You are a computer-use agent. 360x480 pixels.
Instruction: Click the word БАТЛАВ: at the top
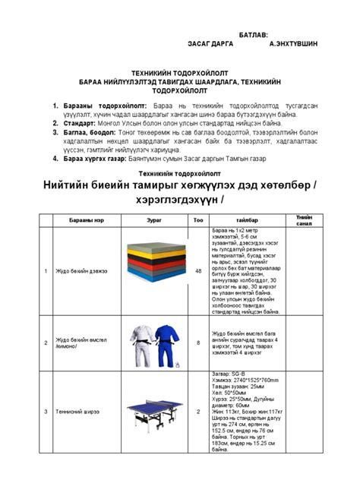point(254,35)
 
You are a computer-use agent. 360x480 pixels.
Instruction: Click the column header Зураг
point(153,218)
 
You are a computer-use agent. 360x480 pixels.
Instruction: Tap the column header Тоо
point(199,218)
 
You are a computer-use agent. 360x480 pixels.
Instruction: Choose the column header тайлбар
point(248,218)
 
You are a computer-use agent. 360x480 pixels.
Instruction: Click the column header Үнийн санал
point(303,218)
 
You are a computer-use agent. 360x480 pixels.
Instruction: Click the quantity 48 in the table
point(199,270)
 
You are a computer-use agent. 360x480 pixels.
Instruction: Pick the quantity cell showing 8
point(199,343)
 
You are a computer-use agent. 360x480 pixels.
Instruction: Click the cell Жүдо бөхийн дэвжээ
point(81,270)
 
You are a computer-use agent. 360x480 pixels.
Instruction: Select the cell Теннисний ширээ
point(77,411)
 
